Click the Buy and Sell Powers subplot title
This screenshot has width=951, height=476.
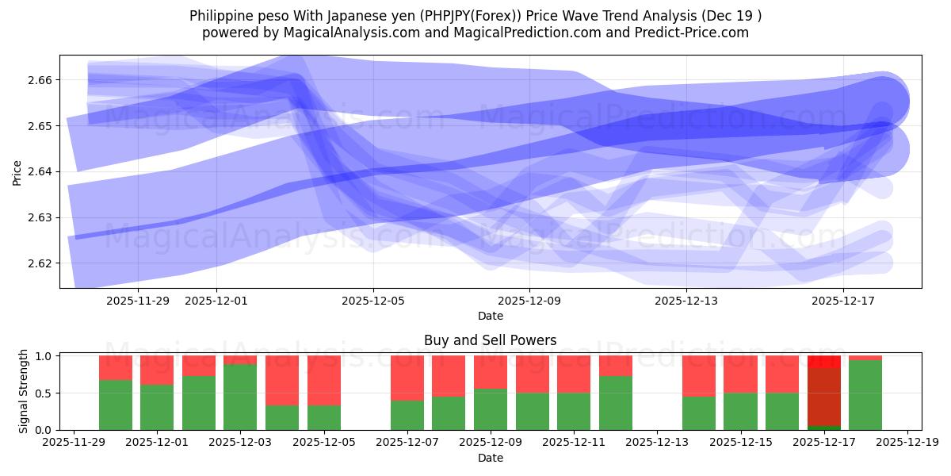coord(490,340)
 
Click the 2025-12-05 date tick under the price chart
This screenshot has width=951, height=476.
coord(373,301)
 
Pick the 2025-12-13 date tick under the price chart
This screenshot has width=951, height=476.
coord(686,301)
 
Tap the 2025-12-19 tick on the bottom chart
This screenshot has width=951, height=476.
coord(907,443)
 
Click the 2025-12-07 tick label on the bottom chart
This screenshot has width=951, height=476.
coord(407,443)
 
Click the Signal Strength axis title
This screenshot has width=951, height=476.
coord(24,391)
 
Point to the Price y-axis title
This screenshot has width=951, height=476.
coord(17,171)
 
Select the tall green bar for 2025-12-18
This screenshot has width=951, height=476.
coord(865,395)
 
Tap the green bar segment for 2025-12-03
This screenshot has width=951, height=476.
coord(240,397)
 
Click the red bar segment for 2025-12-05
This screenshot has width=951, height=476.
coord(323,381)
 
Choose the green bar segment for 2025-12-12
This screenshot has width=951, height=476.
coord(616,403)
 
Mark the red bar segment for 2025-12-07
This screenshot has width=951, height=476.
coord(407,378)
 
